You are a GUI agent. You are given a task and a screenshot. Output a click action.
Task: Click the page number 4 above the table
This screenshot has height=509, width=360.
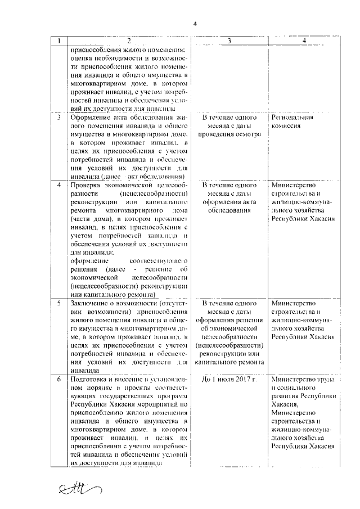click(x=195, y=24)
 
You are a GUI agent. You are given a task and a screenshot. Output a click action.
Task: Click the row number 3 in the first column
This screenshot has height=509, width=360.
click(x=59, y=118)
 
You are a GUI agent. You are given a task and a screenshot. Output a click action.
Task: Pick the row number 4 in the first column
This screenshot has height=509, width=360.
click(x=59, y=186)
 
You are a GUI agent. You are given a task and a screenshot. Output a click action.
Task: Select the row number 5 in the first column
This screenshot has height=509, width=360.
click(x=59, y=304)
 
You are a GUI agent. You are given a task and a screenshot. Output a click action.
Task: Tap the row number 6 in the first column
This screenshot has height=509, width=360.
click(x=59, y=380)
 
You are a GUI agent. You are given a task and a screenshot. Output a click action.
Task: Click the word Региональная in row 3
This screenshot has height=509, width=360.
click(x=291, y=118)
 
